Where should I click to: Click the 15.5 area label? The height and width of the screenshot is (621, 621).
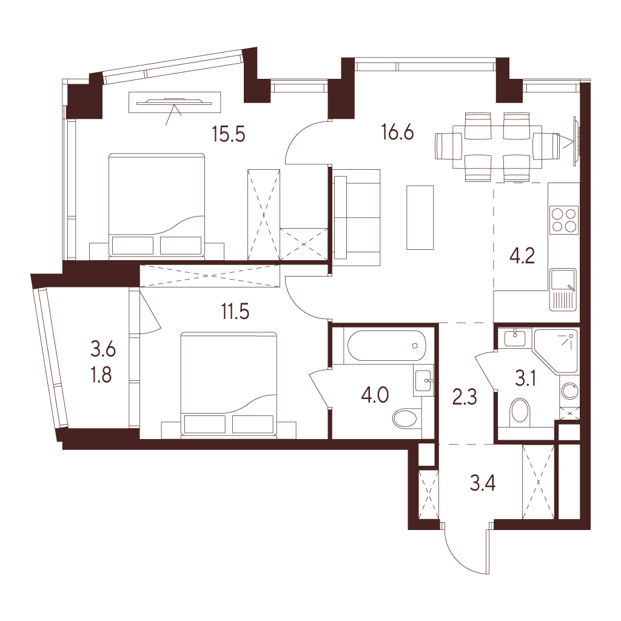(229, 134)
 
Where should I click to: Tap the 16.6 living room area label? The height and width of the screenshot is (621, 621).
(397, 132)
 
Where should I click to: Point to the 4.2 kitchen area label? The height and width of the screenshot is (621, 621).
(522, 256)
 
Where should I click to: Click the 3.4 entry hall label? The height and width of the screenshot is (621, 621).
(483, 483)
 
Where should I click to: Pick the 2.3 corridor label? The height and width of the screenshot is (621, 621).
(465, 397)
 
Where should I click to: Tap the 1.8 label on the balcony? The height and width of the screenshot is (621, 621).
(101, 375)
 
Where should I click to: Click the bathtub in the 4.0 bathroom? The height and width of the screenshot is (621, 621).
(386, 345)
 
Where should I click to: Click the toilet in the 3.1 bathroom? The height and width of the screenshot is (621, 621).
(520, 412)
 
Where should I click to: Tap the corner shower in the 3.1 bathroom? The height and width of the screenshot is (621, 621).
(556, 351)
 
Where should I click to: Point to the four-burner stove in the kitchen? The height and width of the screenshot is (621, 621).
(564, 220)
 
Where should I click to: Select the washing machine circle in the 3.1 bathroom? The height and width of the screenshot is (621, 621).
(569, 392)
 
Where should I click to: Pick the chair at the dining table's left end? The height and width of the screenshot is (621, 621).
(449, 146)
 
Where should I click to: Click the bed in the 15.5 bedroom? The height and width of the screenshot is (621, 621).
(157, 206)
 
